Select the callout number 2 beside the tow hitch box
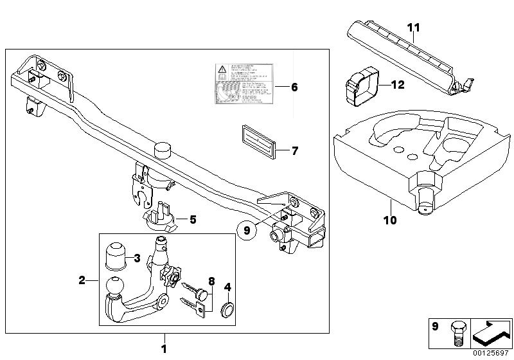tap(82, 280)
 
